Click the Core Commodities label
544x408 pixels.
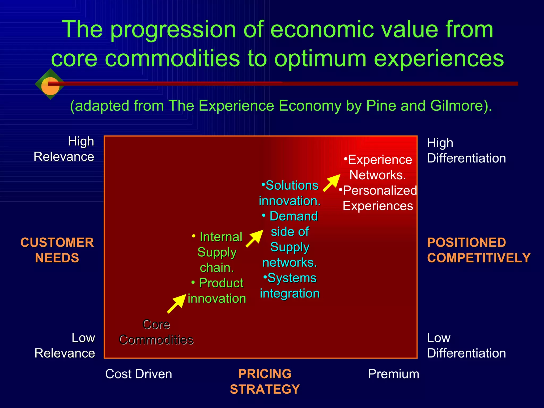156,332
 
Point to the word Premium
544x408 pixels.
393,374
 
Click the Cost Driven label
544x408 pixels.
139,374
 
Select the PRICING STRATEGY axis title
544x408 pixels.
265,381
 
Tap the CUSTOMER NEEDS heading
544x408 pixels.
57,250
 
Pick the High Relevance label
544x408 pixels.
64,149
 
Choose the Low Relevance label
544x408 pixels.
65,345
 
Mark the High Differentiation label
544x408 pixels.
466,150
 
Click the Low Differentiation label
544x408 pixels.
466,345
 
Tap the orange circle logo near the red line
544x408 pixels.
50,86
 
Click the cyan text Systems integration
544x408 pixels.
290,286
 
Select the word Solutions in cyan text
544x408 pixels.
292,185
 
